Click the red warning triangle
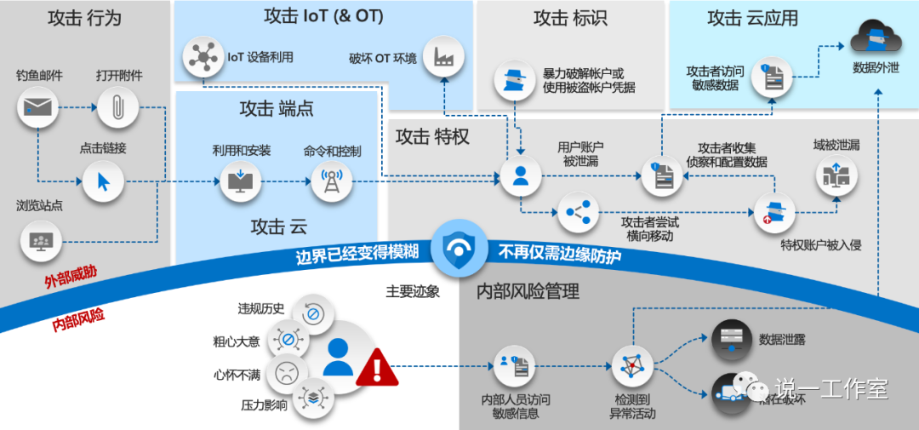click(377, 367)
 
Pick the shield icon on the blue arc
click(459, 248)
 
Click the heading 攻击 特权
click(433, 136)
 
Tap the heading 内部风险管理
click(528, 292)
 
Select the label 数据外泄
click(876, 67)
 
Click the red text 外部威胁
click(71, 279)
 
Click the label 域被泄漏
click(836, 145)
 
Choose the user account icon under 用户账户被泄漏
click(520, 176)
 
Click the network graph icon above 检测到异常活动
click(632, 366)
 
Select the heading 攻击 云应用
click(752, 18)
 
